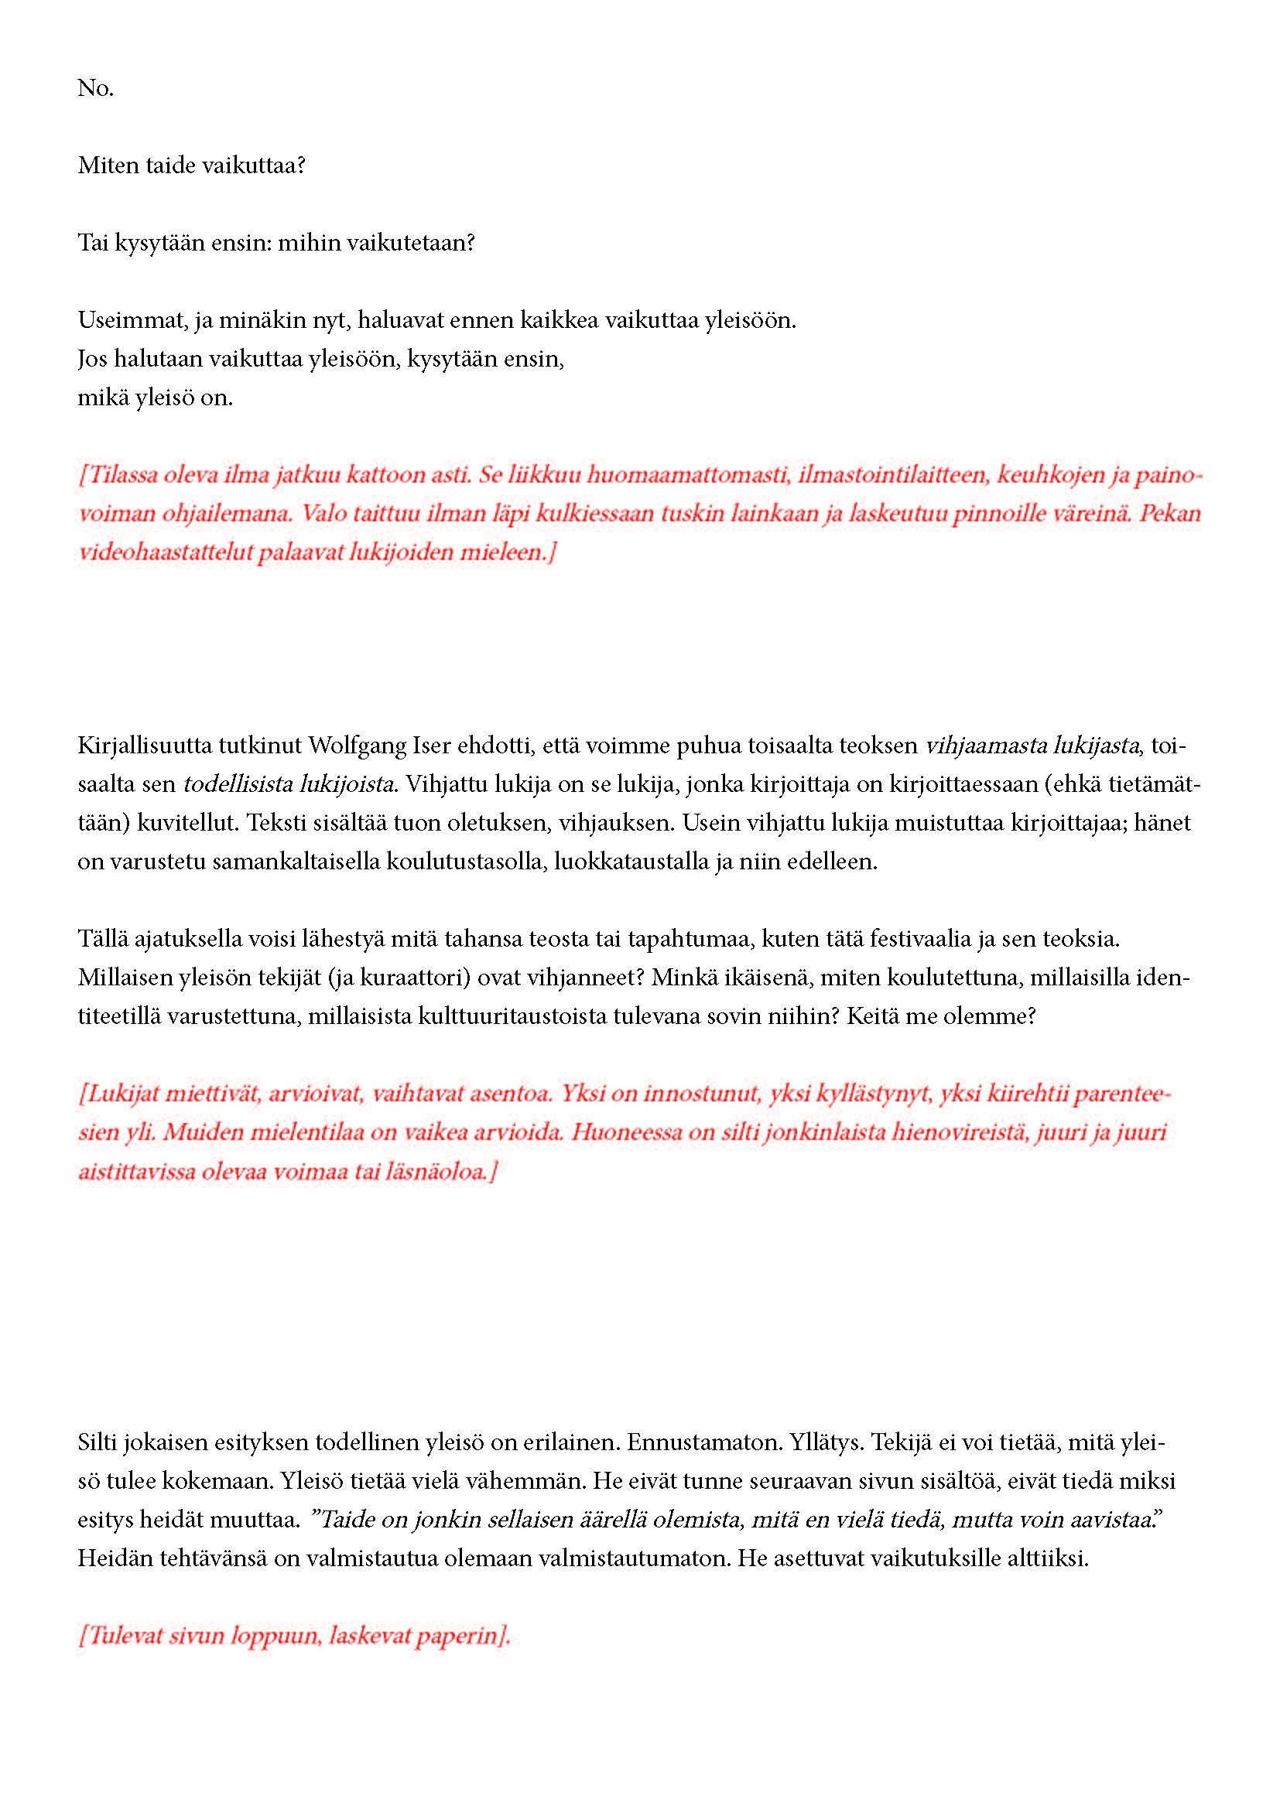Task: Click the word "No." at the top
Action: tap(95, 88)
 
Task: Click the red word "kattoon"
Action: tap(383, 475)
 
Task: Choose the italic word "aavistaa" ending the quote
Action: tap(1118, 1520)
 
